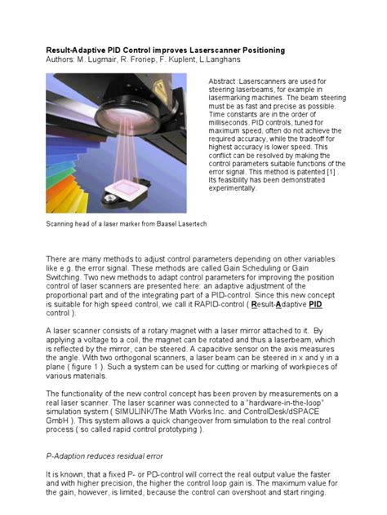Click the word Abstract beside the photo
(224, 81)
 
